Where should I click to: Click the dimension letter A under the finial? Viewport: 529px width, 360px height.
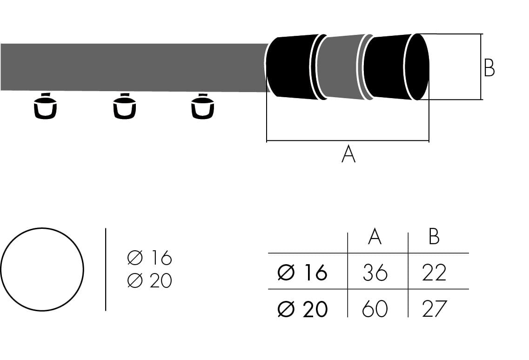click(x=348, y=154)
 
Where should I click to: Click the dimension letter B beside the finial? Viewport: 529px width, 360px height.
click(x=489, y=68)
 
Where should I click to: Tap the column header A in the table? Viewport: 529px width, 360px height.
click(x=375, y=237)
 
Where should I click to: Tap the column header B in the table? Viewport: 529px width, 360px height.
click(x=434, y=237)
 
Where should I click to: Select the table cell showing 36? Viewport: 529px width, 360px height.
click(x=375, y=273)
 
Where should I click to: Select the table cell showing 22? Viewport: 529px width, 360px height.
click(x=434, y=273)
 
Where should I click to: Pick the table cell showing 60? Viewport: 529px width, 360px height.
click(x=375, y=309)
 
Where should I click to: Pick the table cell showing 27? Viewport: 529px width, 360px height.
click(x=434, y=309)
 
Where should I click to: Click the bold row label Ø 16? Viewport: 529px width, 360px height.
click(x=302, y=273)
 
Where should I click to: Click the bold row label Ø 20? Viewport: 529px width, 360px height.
click(x=302, y=309)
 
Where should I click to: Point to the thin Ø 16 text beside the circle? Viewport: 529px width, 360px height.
click(x=149, y=257)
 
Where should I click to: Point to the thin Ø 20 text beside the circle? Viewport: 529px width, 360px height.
click(x=149, y=280)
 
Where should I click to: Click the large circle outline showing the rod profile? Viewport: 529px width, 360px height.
click(x=42, y=228)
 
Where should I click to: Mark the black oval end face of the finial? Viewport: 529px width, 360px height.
click(x=417, y=67)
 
